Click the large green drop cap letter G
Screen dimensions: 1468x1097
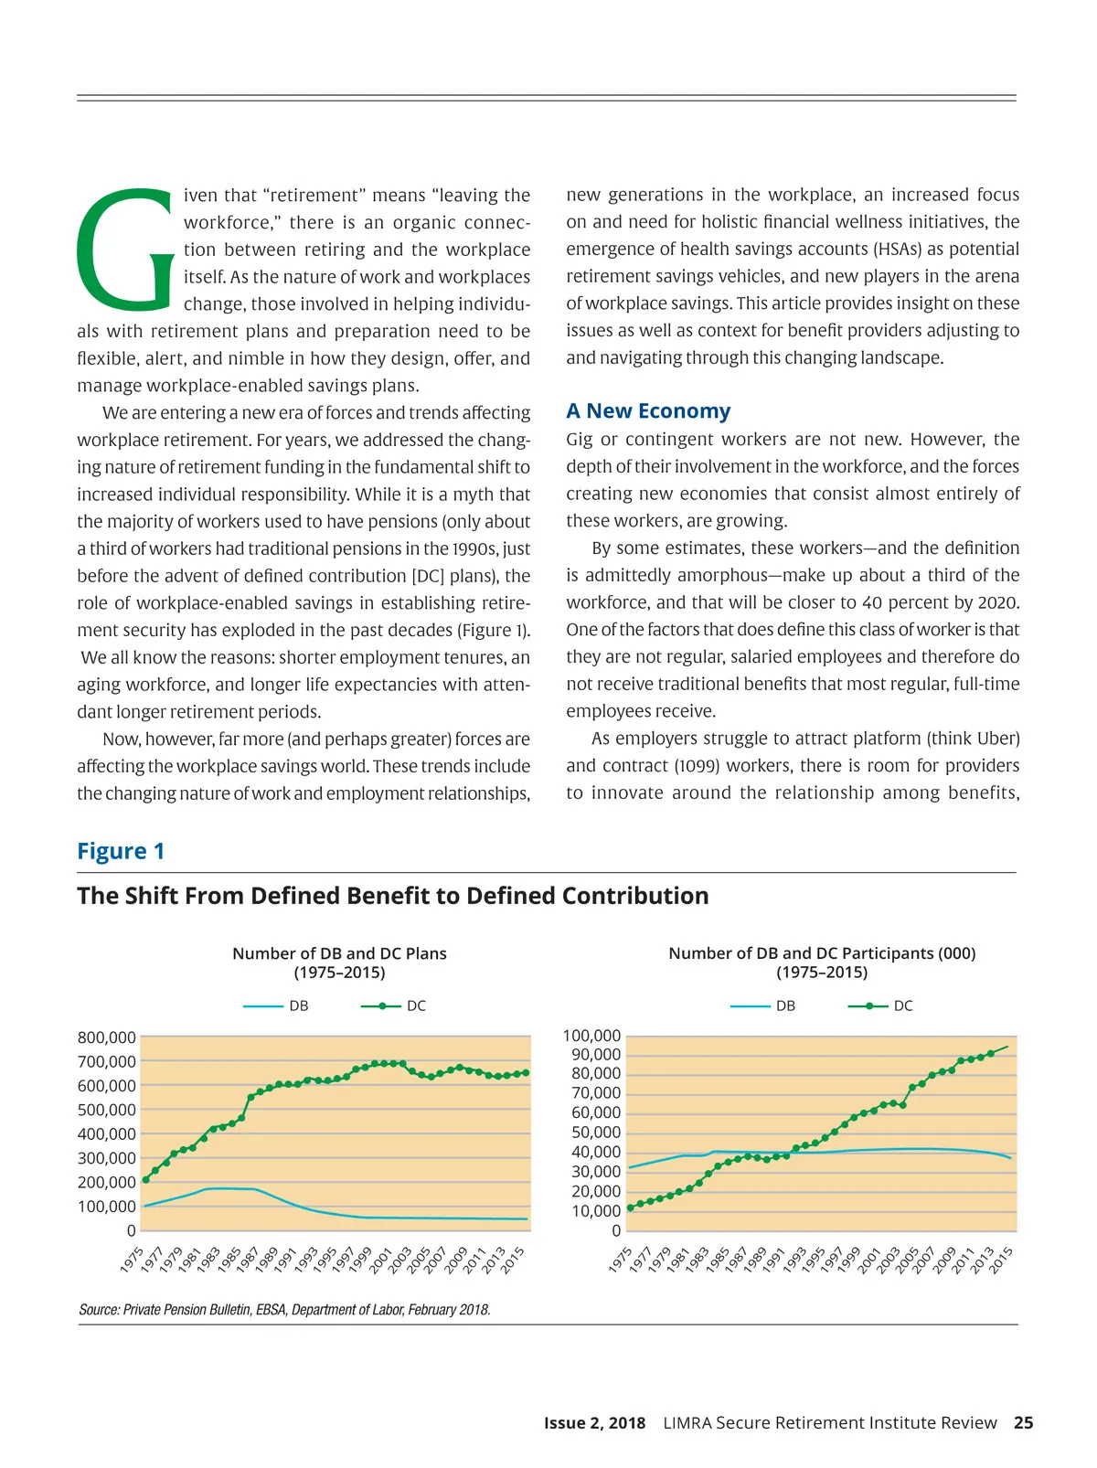pos(125,250)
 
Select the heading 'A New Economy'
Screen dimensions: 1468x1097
pos(648,411)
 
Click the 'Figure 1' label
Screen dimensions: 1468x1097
pos(121,851)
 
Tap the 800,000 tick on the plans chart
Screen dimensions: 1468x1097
pos(107,1037)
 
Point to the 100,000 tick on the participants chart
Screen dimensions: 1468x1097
pos(591,1036)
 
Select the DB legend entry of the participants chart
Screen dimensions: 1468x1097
pos(763,1005)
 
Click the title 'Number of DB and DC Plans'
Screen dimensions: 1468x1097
pos(339,953)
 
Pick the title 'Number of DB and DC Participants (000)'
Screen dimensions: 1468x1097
pos(822,953)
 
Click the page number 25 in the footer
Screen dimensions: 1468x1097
pos(1024,1422)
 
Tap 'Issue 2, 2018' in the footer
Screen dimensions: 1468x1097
pos(594,1422)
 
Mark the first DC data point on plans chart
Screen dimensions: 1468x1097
pos(146,1180)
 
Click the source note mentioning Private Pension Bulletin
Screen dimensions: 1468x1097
pos(284,1310)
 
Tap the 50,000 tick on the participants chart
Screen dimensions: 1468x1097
pos(595,1133)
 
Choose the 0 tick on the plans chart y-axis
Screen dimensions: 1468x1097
pos(131,1230)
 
